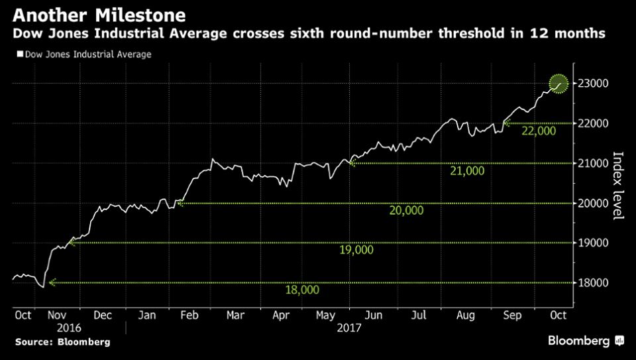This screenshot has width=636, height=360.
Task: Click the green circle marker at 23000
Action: pos(559,84)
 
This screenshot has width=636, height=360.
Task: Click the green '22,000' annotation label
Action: pos(538,131)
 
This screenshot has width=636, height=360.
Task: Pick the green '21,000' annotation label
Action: pos(467,171)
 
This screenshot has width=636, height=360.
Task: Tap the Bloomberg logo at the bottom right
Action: pos(586,341)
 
